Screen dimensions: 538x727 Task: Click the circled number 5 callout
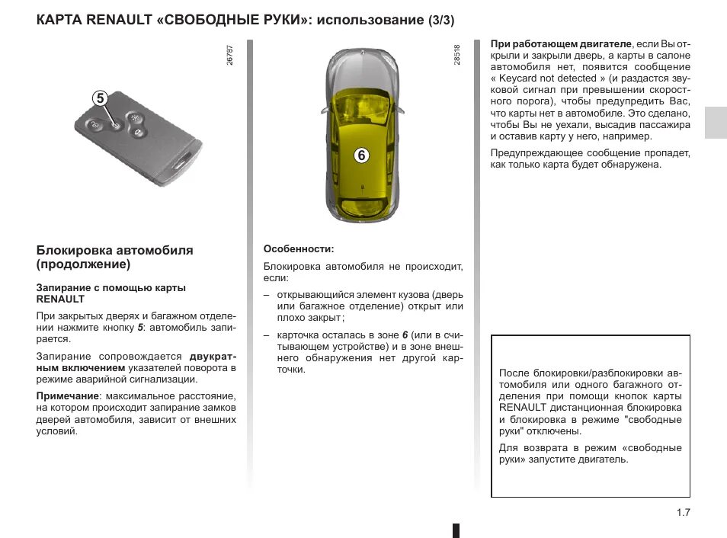(100, 98)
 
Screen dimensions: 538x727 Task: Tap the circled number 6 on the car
(361, 155)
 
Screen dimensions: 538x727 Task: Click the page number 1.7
(682, 512)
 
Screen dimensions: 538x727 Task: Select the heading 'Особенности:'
(299, 249)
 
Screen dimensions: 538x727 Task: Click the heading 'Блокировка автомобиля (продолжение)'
(114, 258)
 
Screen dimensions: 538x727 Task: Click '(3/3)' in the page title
(443, 19)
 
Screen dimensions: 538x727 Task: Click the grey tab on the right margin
(715, 122)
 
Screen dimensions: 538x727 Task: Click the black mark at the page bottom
(456, 530)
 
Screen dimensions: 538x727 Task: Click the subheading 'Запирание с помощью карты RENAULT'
(111, 293)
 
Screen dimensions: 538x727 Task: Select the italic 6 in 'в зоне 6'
(405, 335)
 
